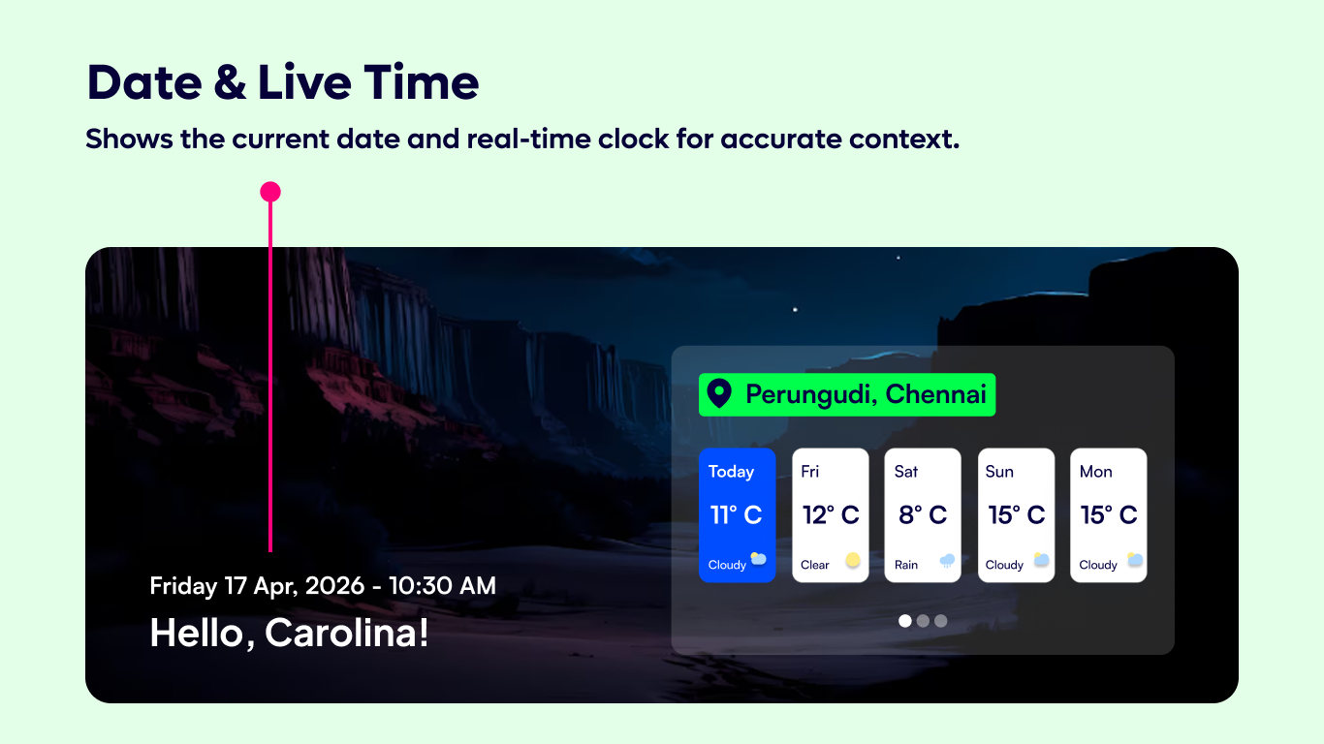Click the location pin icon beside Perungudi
(x=719, y=394)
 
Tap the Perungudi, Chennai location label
(x=866, y=394)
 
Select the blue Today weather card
(x=737, y=514)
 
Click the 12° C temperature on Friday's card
(x=831, y=515)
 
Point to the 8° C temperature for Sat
(x=923, y=515)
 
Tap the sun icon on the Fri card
(x=853, y=560)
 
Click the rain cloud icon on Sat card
(x=947, y=561)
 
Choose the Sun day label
(x=999, y=472)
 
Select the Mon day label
(x=1096, y=472)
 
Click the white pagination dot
(x=905, y=621)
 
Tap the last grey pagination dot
(x=940, y=621)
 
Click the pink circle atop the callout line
(x=270, y=192)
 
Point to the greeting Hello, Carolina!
(x=289, y=634)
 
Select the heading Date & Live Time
(x=283, y=83)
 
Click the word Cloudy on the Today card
(x=727, y=565)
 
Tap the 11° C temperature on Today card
(x=737, y=515)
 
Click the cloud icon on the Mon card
(x=1134, y=560)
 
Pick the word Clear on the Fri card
(x=815, y=565)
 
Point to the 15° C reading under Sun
(x=1017, y=515)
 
